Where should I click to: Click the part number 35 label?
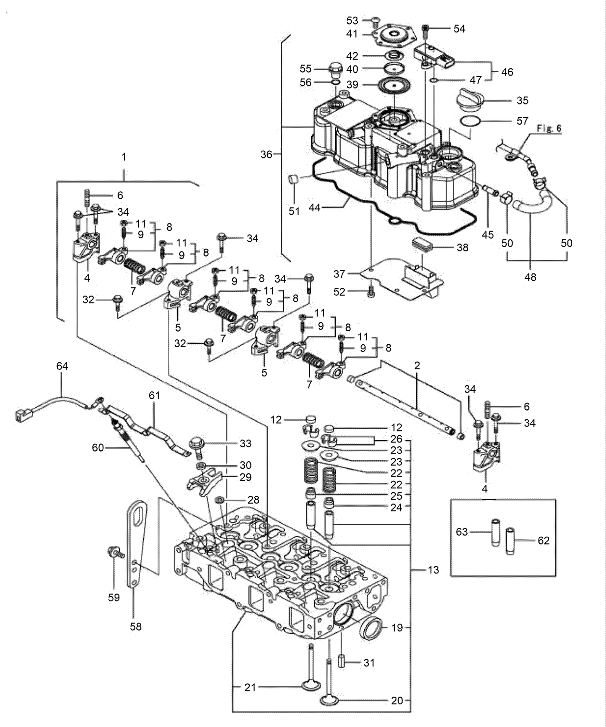coord(522,101)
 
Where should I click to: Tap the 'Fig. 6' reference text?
coord(549,129)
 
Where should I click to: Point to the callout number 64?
coord(62,366)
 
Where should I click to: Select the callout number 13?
coord(433,570)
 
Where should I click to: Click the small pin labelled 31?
coord(341,662)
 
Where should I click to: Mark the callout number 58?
coord(136,626)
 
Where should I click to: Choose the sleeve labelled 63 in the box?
coord(495,532)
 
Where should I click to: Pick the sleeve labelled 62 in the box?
coord(510,541)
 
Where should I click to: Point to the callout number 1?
coord(124,157)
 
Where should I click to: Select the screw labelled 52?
coord(370,292)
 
